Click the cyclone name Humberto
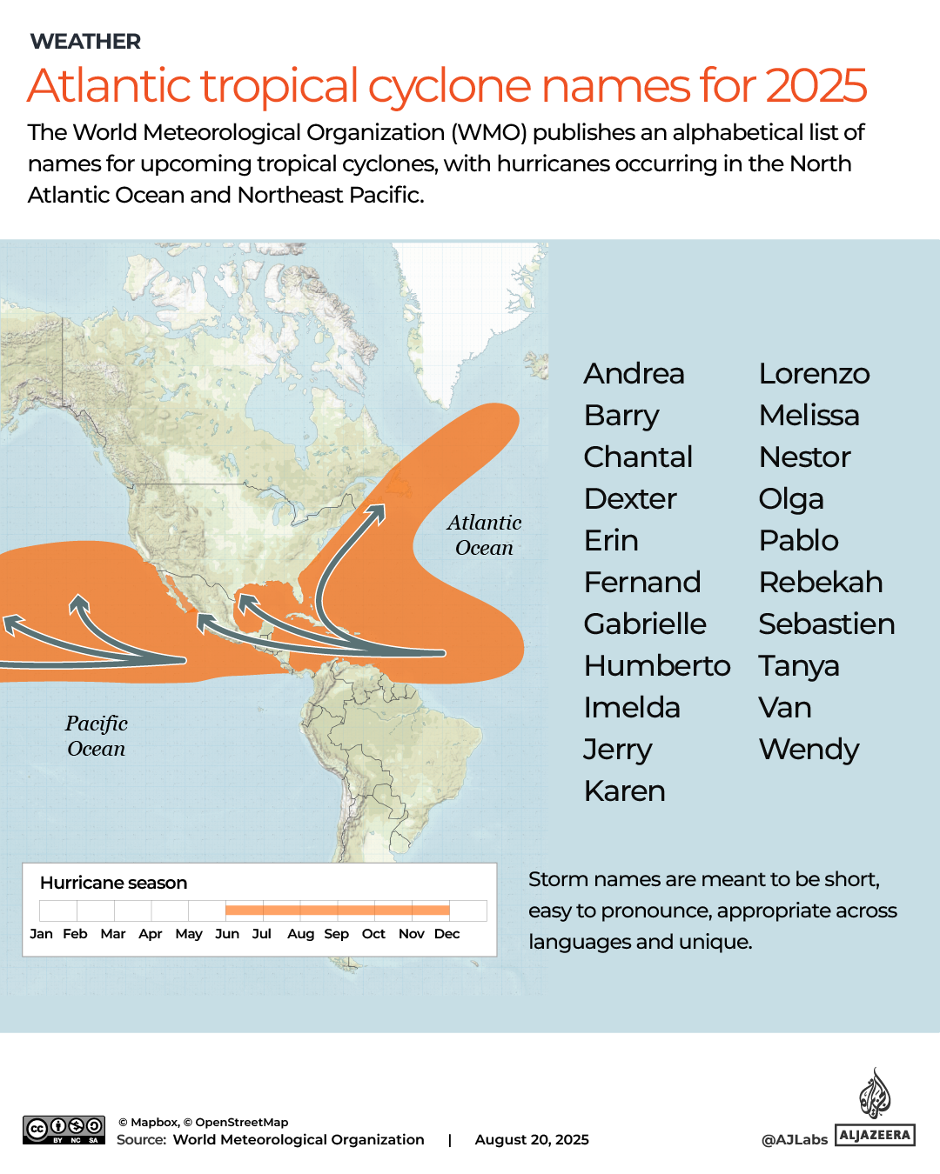pyautogui.click(x=657, y=666)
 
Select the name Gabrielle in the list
pyautogui.click(x=645, y=624)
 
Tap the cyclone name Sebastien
pyautogui.click(x=826, y=624)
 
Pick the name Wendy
pyautogui.click(x=809, y=750)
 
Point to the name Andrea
pyautogui.click(x=634, y=374)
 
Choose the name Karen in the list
pyautogui.click(x=624, y=791)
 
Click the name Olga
pyautogui.click(x=790, y=499)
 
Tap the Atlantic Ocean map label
pyautogui.click(x=484, y=535)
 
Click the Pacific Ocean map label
pyautogui.click(x=97, y=736)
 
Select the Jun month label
pyautogui.click(x=227, y=934)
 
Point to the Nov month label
pyautogui.click(x=411, y=934)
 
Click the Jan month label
pyautogui.click(x=41, y=934)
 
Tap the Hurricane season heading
pyautogui.click(x=113, y=883)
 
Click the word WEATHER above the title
pyautogui.click(x=85, y=42)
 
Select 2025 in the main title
pyautogui.click(x=816, y=85)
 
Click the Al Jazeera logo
pyautogui.click(x=875, y=1109)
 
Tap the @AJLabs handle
pyautogui.click(x=794, y=1139)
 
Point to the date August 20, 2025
pyautogui.click(x=532, y=1139)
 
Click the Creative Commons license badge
pyautogui.click(x=64, y=1130)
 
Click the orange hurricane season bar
pyautogui.click(x=338, y=911)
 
